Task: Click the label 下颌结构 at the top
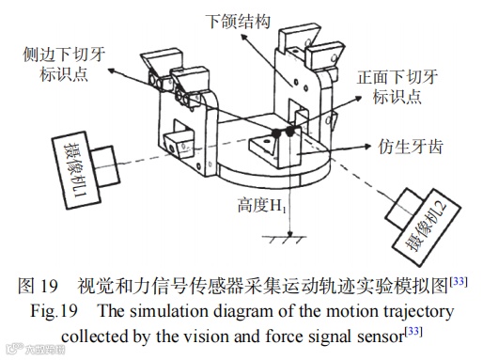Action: click(239, 22)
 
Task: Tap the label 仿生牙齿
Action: click(410, 147)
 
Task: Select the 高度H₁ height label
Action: click(261, 206)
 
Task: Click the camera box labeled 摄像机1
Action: click(77, 170)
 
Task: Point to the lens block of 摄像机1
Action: click(105, 165)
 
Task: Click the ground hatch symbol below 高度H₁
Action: click(284, 240)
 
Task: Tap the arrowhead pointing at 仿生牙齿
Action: click(366, 147)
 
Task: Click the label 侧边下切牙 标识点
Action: click(64, 64)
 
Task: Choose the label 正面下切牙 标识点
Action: click(397, 86)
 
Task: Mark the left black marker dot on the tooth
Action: click(275, 133)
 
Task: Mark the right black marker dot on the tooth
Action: click(290, 132)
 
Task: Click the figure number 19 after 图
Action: click(49, 286)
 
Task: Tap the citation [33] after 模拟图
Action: click(459, 282)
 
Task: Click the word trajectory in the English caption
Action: click(419, 312)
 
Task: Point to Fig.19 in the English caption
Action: click(54, 311)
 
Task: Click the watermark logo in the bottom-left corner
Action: click(36, 349)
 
